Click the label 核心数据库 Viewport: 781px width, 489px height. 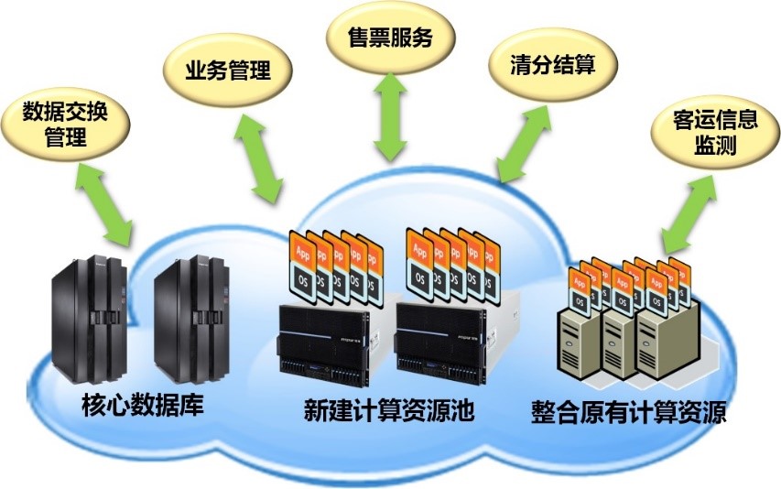pyautogui.click(x=143, y=404)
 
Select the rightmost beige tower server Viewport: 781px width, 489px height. pyautogui.click(x=665, y=343)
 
